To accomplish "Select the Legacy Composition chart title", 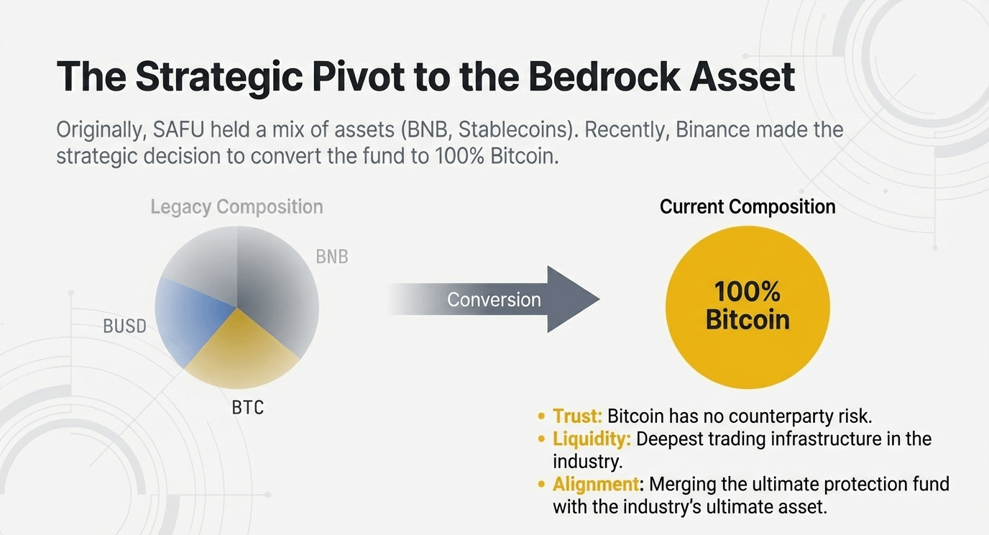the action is [x=236, y=207].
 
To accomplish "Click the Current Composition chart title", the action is [x=747, y=207].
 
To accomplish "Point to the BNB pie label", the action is [x=332, y=257].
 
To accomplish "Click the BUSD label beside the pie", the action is [x=125, y=326].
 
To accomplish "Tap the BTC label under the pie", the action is [x=248, y=408].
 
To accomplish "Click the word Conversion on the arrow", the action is [x=494, y=299].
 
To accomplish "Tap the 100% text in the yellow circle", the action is [x=747, y=292].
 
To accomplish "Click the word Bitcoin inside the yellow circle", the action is [x=747, y=319].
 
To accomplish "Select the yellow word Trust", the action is [x=577, y=416].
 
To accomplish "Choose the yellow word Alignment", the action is [x=596, y=483].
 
